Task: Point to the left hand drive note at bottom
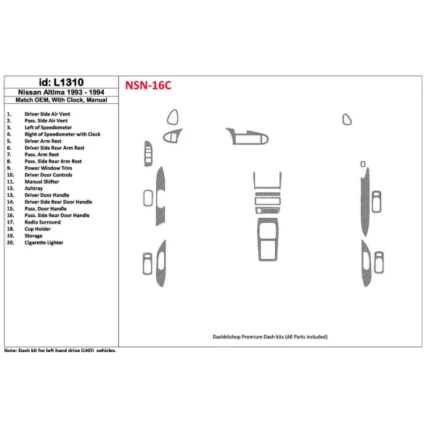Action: tap(60, 351)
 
